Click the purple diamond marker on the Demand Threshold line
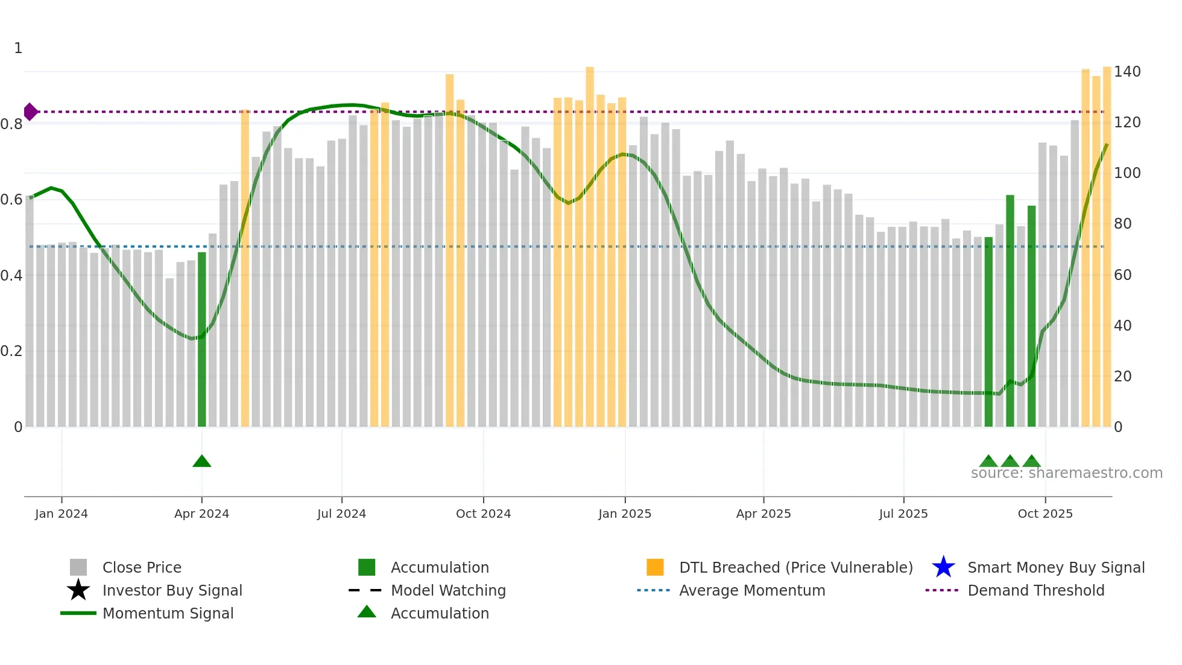click(x=30, y=112)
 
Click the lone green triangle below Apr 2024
click(x=202, y=462)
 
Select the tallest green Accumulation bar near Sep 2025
click(x=1010, y=311)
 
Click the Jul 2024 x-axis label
click(x=341, y=514)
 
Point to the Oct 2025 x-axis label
click(x=1045, y=514)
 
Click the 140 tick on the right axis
click(x=1127, y=72)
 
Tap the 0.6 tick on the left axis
click(x=11, y=200)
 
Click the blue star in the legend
click(x=943, y=567)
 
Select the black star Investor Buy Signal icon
click(x=78, y=590)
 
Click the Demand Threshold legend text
click(x=1035, y=590)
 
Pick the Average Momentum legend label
click(x=752, y=590)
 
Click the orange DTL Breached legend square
click(x=655, y=567)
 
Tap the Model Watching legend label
click(x=448, y=590)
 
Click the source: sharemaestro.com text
click(x=1066, y=473)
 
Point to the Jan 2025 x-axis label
click(x=625, y=514)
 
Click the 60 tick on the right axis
click(x=1123, y=275)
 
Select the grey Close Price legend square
click(x=78, y=567)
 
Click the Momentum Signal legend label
click(x=168, y=613)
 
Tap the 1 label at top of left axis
click(x=18, y=48)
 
